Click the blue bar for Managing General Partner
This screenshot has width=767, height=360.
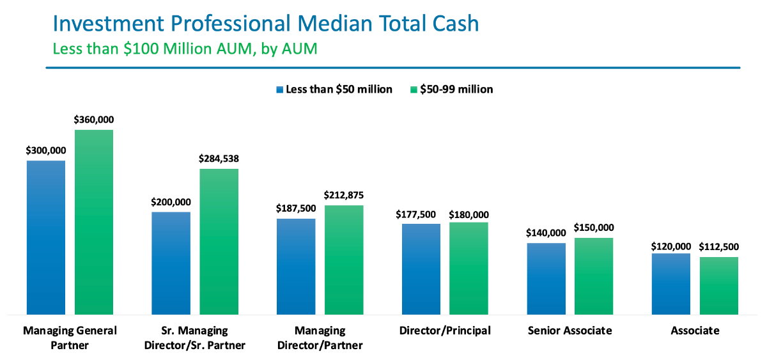point(45,237)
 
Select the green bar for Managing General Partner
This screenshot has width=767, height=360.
point(93,222)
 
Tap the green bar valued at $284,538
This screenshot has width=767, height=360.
point(219,242)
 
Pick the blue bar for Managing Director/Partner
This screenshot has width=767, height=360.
point(296,267)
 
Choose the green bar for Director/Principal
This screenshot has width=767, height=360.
point(469,269)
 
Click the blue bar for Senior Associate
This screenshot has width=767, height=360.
point(546,279)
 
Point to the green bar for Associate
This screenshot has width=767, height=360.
point(719,286)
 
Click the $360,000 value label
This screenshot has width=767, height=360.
point(93,120)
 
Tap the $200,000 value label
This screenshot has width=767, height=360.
point(171,202)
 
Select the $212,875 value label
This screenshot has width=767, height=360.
point(344,195)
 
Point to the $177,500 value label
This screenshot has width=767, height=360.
point(421,214)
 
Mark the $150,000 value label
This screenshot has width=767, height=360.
point(594,228)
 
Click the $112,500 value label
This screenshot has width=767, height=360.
point(719,247)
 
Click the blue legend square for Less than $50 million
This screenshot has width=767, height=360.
point(279,90)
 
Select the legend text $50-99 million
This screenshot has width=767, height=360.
point(456,90)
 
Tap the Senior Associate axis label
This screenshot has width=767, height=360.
point(570,331)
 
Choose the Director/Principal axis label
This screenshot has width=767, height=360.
point(445,331)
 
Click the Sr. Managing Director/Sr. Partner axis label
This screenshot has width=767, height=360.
point(195,338)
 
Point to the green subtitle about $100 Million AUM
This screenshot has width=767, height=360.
point(185,49)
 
